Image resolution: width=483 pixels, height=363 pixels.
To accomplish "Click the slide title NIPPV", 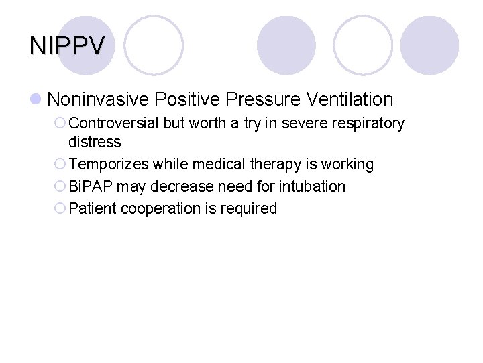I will [x=67, y=46].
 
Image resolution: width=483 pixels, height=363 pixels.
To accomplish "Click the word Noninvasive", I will [x=98, y=99].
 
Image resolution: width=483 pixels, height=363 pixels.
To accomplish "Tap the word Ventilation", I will [x=350, y=99].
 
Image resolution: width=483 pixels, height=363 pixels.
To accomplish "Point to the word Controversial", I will [x=113, y=124].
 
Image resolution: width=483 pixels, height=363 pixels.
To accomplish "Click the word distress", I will [x=95, y=142].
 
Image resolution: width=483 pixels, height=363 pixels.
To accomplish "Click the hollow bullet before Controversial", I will [x=60, y=124].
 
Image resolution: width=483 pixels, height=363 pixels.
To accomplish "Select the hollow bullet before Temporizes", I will [x=60, y=164].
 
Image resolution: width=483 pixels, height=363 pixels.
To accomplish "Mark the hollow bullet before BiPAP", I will [x=60, y=186].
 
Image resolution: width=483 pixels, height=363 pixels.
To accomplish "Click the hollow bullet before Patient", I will [x=60, y=208].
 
